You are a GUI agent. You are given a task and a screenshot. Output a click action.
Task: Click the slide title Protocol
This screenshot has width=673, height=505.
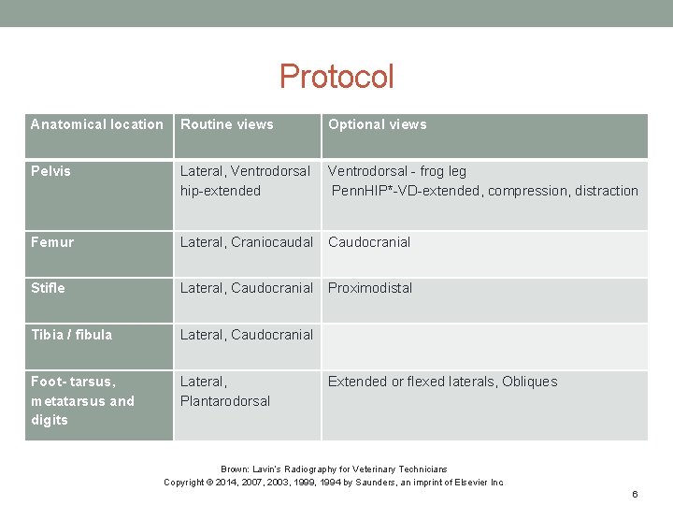click(336, 76)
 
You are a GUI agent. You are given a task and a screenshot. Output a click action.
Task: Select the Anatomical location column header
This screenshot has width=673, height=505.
click(96, 124)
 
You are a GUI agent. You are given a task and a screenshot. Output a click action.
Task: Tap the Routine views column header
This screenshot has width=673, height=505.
click(227, 124)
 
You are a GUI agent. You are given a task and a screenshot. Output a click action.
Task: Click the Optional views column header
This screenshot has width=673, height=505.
click(377, 124)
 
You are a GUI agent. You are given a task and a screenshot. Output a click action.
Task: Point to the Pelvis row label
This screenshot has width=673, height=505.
click(50, 171)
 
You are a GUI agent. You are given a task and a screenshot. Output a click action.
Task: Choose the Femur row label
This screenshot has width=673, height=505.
click(51, 241)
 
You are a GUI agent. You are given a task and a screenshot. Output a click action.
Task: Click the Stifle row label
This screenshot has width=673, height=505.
click(48, 288)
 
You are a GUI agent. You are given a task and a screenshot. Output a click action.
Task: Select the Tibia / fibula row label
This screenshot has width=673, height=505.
click(71, 335)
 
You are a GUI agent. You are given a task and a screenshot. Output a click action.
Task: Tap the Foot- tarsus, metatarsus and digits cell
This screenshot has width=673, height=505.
click(82, 400)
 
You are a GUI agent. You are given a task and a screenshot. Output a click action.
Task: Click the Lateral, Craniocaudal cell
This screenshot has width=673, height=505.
click(247, 241)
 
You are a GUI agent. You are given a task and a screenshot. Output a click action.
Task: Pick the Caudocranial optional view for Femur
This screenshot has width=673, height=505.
click(369, 241)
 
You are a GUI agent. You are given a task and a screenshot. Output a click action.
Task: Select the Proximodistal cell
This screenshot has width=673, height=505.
click(370, 288)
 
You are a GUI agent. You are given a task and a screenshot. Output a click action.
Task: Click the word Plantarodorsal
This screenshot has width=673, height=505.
click(225, 401)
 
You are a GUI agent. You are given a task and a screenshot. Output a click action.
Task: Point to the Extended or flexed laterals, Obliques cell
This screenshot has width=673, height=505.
click(442, 382)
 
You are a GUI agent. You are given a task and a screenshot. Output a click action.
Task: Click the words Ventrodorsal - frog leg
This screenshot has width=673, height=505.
click(396, 171)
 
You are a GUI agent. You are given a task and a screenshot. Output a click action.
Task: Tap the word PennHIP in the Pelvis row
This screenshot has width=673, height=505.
click(359, 191)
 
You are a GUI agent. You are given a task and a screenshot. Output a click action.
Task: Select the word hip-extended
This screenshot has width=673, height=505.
click(221, 191)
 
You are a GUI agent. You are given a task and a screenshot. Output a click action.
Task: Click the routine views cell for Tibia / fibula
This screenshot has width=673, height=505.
click(247, 335)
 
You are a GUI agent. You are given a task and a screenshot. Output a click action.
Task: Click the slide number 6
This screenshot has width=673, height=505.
click(635, 494)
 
